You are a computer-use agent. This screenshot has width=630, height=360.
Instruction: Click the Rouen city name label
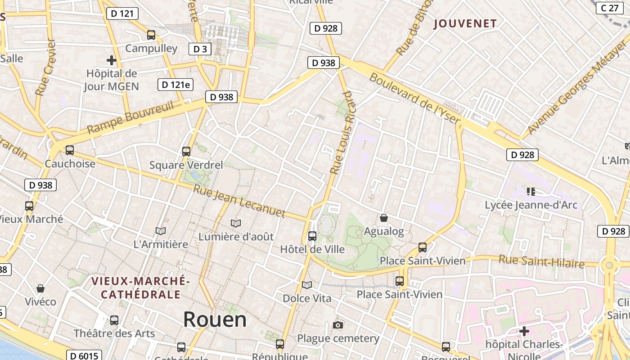coord(215,319)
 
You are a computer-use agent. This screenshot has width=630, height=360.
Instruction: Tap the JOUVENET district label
coord(465,24)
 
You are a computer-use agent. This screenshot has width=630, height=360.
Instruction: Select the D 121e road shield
coord(175,85)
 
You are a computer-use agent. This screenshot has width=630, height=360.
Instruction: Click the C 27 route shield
coord(610,8)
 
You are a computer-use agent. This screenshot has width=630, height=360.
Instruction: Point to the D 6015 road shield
coord(84,356)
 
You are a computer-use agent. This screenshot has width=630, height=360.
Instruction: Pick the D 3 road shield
coord(200,49)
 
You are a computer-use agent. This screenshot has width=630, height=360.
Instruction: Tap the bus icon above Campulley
coord(151,35)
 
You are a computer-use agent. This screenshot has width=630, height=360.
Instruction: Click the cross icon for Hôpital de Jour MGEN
coord(111,60)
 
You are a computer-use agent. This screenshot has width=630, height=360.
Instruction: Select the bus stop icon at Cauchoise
coord(69,150)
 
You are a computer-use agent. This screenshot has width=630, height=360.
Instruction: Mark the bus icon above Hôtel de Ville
coord(312,236)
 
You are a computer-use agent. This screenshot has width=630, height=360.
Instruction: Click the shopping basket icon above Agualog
coord(384,218)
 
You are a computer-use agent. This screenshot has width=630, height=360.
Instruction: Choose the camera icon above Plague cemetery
coord(338,325)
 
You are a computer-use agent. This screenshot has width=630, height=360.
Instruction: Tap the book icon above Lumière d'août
coord(235,223)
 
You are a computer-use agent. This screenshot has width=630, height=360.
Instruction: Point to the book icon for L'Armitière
coord(161,231)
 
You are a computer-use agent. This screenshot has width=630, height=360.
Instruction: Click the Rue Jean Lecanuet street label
coord(239,201)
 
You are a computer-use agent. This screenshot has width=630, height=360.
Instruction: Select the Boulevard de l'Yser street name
coord(415,99)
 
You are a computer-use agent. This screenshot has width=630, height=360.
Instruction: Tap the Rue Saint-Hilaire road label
coord(541,261)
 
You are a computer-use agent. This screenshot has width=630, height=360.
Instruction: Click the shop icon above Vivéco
coord(40,288)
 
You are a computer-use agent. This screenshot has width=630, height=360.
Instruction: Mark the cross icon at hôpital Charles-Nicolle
coord(524,332)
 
